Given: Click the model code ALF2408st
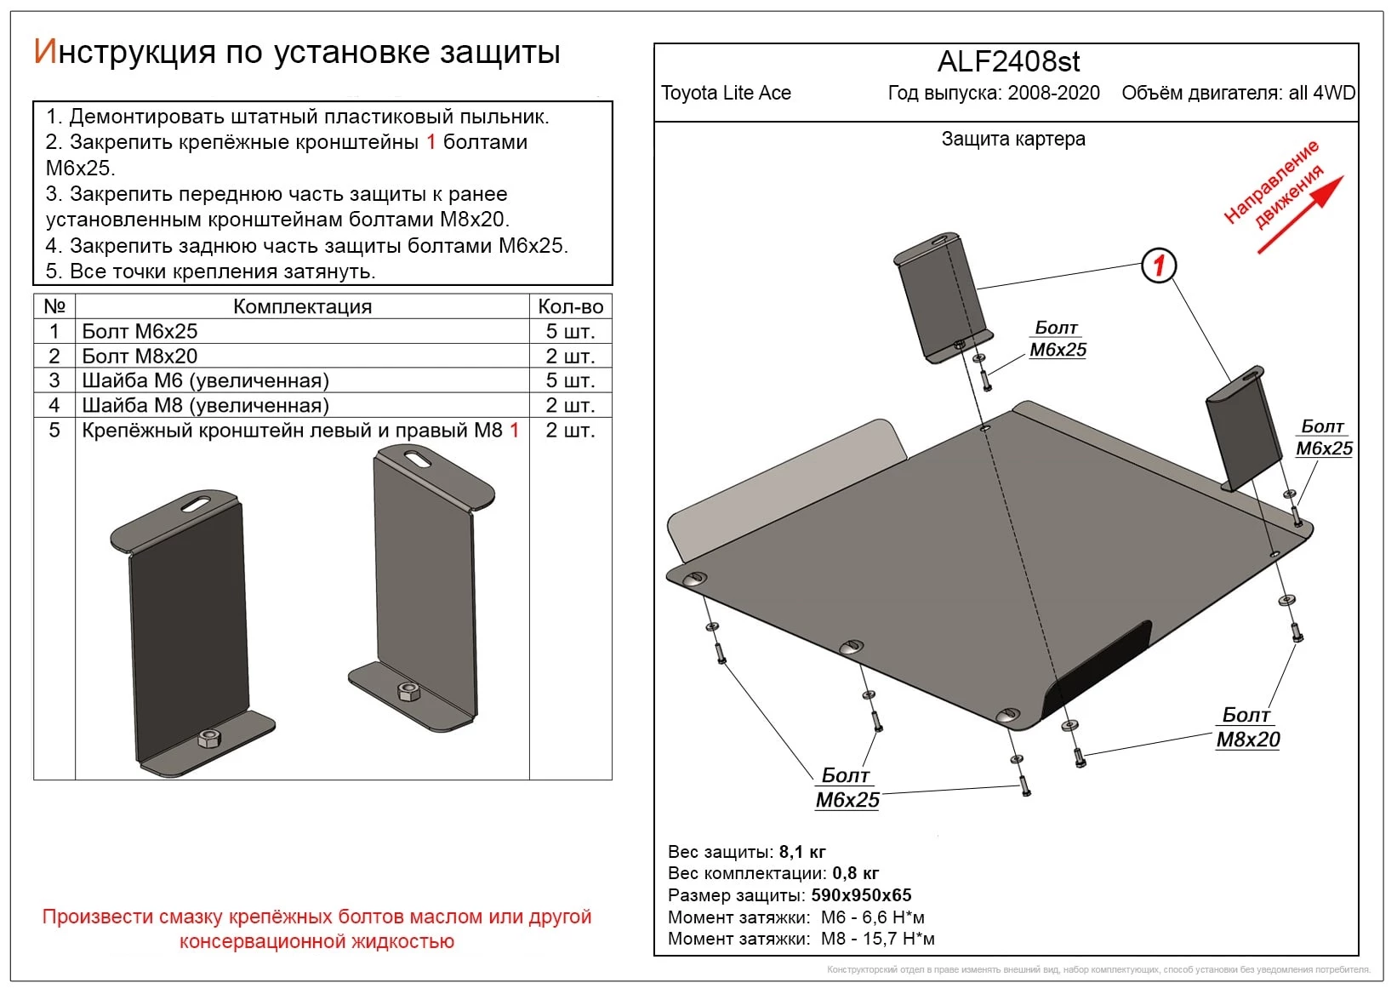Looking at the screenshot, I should (x=1008, y=62).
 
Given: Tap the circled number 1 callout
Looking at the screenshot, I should (x=1158, y=266).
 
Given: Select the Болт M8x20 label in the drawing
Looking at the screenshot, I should (x=1247, y=728).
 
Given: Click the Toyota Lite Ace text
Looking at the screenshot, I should (x=726, y=93).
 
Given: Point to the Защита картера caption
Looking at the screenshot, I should (x=1012, y=139).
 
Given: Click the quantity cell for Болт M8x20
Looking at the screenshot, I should (x=570, y=356).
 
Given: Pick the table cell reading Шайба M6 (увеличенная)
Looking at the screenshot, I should (x=205, y=380).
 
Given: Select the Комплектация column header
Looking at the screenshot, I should (x=302, y=306).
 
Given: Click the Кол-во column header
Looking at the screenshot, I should (x=570, y=306).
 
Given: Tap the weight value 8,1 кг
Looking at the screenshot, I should (x=802, y=852).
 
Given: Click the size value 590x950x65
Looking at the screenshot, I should (x=861, y=895).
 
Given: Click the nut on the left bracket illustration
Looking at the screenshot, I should (x=209, y=739).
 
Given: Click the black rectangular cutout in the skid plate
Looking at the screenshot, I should (x=1098, y=670).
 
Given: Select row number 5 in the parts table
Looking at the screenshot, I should (x=54, y=430).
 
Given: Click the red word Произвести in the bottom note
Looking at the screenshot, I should (x=92, y=917).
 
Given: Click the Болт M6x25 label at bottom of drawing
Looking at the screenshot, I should (x=847, y=788).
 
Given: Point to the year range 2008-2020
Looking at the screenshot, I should (x=1053, y=93).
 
